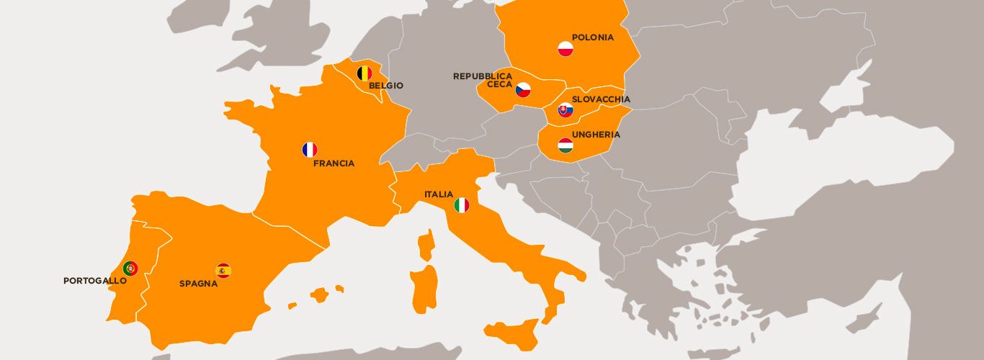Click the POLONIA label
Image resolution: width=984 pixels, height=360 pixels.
[x=592, y=37]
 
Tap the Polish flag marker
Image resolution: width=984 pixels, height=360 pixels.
[x=565, y=49]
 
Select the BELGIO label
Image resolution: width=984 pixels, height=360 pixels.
[x=385, y=86]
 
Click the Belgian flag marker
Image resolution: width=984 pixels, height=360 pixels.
[x=364, y=73]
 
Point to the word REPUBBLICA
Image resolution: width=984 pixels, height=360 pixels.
[x=482, y=76]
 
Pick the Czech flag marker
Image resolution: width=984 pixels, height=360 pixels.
[x=523, y=90]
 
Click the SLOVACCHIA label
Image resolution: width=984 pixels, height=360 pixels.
[x=601, y=99]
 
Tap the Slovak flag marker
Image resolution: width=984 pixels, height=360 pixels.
[x=565, y=110]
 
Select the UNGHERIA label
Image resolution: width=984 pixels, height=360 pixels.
[x=596, y=135]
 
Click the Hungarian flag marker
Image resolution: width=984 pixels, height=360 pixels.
[x=565, y=145]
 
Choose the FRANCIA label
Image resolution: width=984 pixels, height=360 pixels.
[x=334, y=163]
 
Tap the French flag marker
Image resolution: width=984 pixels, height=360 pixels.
[x=310, y=150]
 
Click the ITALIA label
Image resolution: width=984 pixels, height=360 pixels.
[x=439, y=194]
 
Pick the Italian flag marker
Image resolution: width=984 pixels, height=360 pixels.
[x=462, y=206]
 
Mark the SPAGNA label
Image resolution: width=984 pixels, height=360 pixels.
[x=198, y=284]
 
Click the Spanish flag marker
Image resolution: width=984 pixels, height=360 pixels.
[x=223, y=271]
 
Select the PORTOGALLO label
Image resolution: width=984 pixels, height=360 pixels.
[x=94, y=281]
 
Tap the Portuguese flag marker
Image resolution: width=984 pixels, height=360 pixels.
[x=130, y=269]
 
